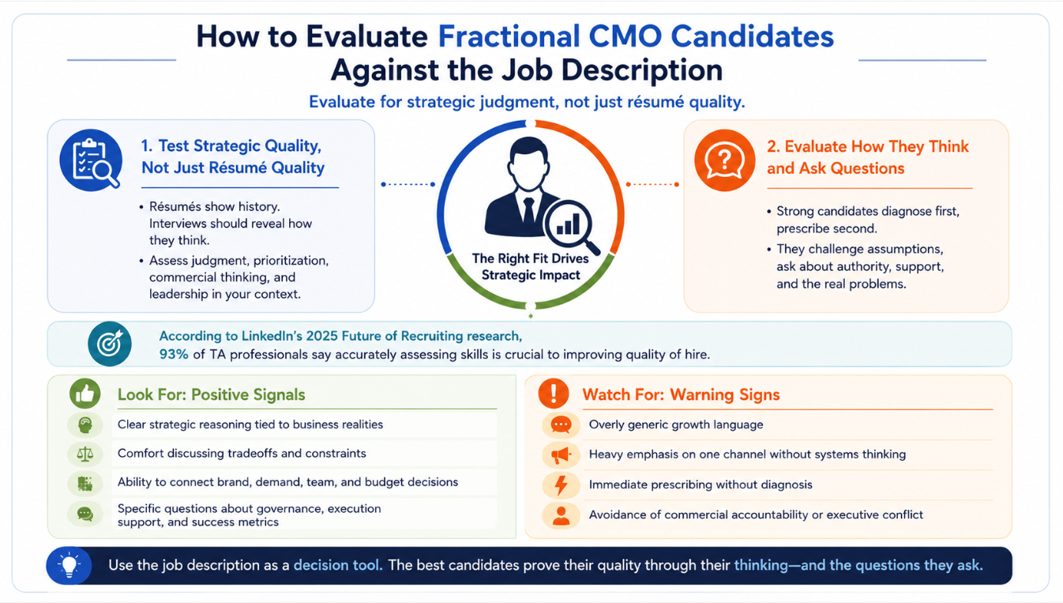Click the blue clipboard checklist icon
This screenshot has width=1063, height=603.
pos(91,160)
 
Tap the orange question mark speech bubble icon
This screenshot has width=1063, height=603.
pos(725,160)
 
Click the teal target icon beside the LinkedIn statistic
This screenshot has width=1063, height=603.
pos(110,344)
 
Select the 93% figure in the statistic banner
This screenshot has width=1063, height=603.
pos(174,355)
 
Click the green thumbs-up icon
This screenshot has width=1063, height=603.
pos(85,394)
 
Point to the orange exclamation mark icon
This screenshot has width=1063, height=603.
pos(554,394)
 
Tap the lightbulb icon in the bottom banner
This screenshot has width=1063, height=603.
pos(69,566)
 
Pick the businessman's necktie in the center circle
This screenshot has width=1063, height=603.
pos(528,213)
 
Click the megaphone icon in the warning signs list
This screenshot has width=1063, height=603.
pos(561,455)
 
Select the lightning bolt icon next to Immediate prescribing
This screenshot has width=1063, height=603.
pos(562,485)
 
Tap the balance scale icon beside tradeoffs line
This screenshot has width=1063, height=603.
pos(85,454)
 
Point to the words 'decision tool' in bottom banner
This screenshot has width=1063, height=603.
pos(338,566)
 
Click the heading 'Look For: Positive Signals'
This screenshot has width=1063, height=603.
pos(211,394)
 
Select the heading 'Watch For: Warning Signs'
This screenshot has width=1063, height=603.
pos(681,394)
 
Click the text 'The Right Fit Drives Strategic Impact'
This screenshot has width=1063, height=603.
pos(531,267)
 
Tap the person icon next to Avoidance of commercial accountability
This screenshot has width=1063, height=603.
pos(561,515)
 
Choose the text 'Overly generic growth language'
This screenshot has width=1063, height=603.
pos(676,425)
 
